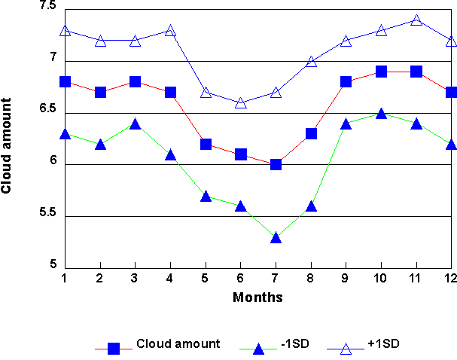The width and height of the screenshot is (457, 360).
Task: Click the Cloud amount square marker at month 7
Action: click(x=276, y=164)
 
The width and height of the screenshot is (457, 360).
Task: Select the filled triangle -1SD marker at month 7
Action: click(x=276, y=237)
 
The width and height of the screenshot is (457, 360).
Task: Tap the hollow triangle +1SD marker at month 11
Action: click(x=416, y=20)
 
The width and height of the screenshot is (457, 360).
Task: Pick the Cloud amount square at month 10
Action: click(x=381, y=72)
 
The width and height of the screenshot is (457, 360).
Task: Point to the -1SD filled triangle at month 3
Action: click(x=135, y=124)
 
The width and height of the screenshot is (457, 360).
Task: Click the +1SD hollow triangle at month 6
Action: click(x=240, y=102)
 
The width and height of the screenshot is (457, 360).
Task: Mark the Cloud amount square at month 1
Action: click(x=65, y=81)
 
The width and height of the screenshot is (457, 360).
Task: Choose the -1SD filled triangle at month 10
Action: click(x=381, y=114)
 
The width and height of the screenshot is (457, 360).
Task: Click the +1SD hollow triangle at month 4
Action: click(x=170, y=31)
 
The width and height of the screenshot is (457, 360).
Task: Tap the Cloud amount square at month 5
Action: click(x=206, y=144)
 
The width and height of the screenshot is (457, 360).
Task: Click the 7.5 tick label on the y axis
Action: click(x=48, y=6)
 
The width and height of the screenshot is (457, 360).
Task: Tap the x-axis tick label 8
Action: click(x=311, y=279)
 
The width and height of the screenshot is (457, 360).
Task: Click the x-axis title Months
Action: click(x=257, y=297)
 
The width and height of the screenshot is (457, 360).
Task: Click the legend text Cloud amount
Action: click(x=178, y=344)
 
